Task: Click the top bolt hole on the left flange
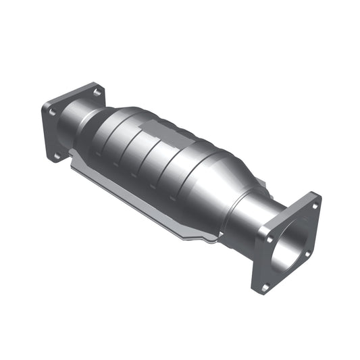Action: (x=97, y=91)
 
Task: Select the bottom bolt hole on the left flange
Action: (x=57, y=155)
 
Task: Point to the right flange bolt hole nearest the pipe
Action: (x=269, y=238)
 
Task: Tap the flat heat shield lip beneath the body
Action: (x=135, y=196)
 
